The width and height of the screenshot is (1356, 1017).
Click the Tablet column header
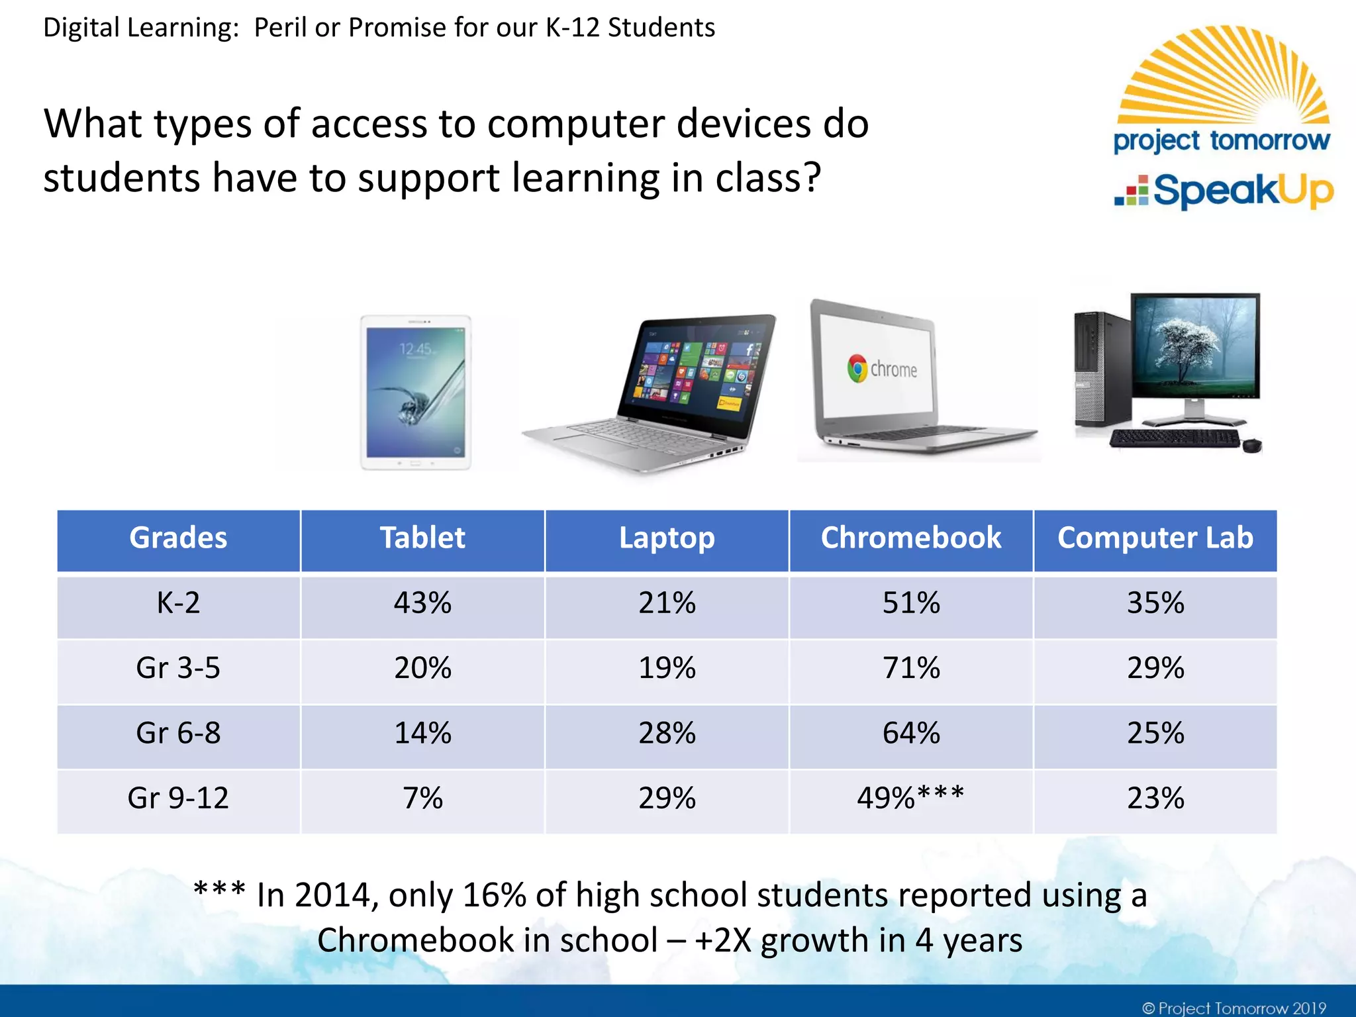coord(422,538)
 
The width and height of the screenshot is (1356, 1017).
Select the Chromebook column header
coord(911,538)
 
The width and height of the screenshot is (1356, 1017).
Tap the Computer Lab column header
coord(1155,538)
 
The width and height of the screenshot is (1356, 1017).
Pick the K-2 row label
coord(178,603)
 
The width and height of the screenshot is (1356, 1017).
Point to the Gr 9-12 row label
coord(178,798)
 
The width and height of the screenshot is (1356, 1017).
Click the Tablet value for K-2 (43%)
coord(422,603)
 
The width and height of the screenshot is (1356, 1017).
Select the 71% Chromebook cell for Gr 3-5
coord(911,668)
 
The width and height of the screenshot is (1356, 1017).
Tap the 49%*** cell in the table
coord(911,798)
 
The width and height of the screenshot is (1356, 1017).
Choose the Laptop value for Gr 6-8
coord(667,734)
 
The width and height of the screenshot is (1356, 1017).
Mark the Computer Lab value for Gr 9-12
coord(1155,798)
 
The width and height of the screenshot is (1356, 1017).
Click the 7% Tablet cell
coord(422,798)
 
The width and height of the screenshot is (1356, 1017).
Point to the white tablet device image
coord(416,393)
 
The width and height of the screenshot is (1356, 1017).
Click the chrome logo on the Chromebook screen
coord(857,368)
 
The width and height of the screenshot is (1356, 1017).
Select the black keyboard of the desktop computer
coord(1173,438)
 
